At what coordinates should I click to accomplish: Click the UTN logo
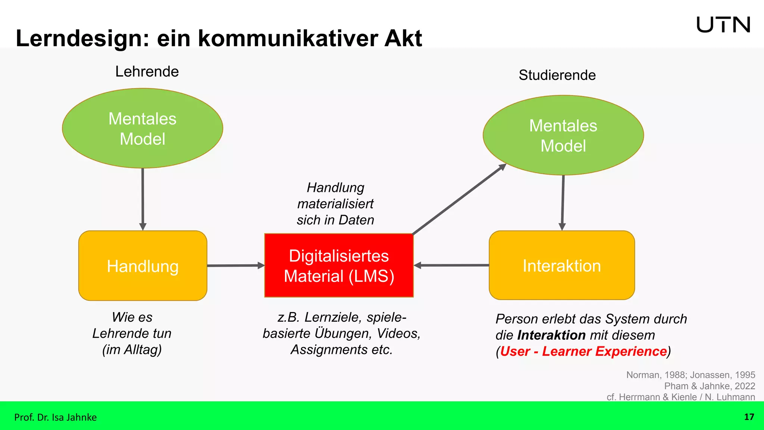(x=723, y=25)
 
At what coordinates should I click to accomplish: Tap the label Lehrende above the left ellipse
(x=147, y=71)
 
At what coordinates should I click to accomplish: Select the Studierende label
(x=557, y=75)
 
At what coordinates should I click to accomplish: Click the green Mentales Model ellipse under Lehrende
(x=143, y=128)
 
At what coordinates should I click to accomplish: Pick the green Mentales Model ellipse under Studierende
(x=563, y=135)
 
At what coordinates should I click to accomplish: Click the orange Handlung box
(x=143, y=266)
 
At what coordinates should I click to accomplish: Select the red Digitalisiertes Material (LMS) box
(x=339, y=266)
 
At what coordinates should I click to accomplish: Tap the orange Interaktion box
(x=561, y=266)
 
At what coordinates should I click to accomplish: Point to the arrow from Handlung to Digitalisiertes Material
(x=235, y=265)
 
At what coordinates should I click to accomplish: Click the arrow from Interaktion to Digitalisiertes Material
(x=451, y=265)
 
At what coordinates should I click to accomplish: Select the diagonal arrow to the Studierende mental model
(x=459, y=200)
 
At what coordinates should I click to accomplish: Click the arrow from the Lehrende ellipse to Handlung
(x=143, y=198)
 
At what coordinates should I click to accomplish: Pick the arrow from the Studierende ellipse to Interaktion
(x=563, y=202)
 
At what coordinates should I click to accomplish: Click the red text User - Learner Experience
(x=583, y=351)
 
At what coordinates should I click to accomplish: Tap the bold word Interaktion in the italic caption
(x=552, y=335)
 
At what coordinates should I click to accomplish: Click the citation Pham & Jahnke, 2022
(x=709, y=386)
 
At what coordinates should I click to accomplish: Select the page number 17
(x=749, y=417)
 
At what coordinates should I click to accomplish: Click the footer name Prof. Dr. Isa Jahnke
(x=55, y=417)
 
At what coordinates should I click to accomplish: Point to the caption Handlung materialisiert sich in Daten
(x=335, y=204)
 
